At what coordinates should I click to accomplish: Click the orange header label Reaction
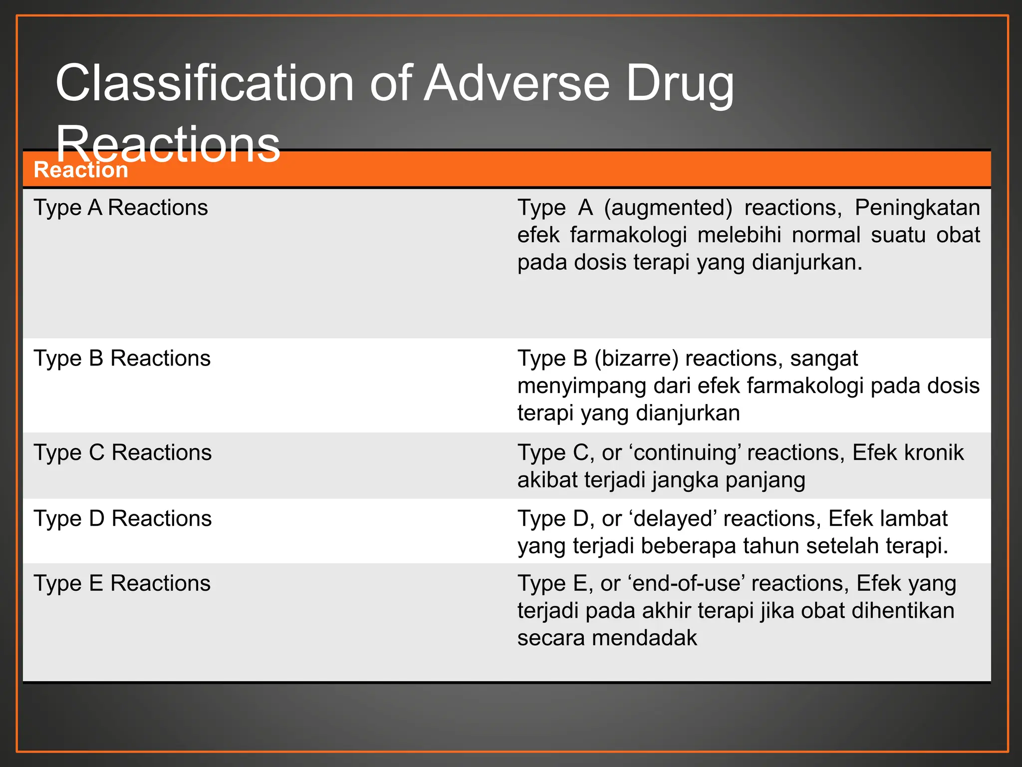pyautogui.click(x=81, y=170)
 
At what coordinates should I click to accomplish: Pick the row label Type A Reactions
pyautogui.click(x=121, y=208)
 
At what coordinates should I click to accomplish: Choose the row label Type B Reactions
pyautogui.click(x=122, y=359)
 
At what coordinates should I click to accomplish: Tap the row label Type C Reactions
pyautogui.click(x=123, y=453)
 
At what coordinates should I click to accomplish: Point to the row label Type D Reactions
pyautogui.click(x=123, y=519)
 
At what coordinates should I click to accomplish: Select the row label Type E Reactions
pyautogui.click(x=122, y=584)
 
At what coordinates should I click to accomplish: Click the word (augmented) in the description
pyautogui.click(x=668, y=208)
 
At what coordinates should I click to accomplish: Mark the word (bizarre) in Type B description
pyautogui.click(x=636, y=359)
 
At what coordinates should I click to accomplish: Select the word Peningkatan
pyautogui.click(x=917, y=208)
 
